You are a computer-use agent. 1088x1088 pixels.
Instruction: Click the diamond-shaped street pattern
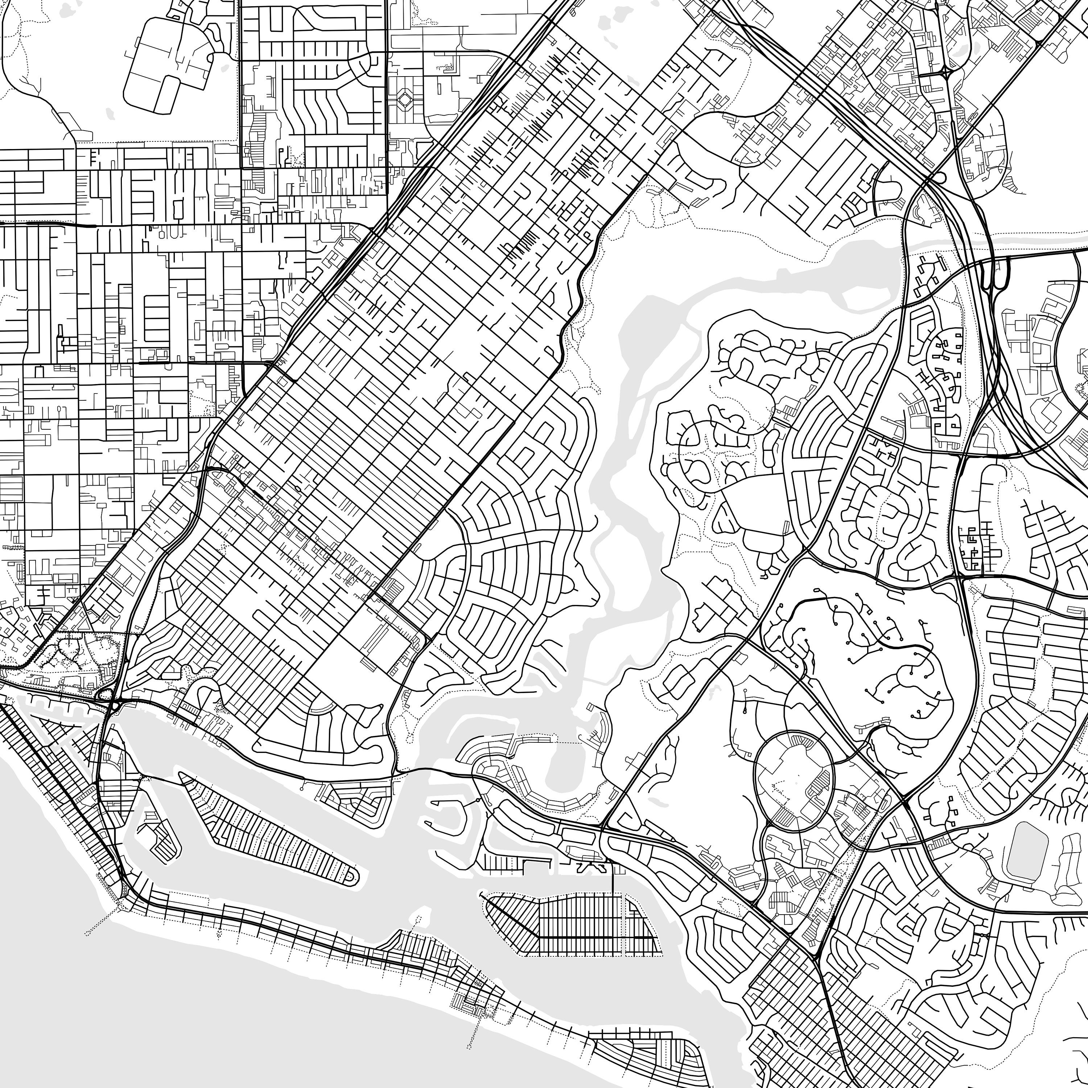[x=405, y=100]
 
